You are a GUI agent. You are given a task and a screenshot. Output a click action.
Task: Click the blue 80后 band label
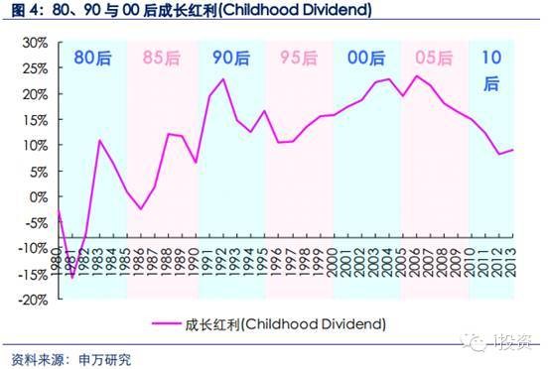[x=91, y=58]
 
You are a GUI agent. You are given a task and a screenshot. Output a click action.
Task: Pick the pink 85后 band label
[x=160, y=58]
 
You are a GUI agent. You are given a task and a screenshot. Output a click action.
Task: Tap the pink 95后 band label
[x=298, y=58]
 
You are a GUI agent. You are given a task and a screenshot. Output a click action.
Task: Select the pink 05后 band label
[x=433, y=58]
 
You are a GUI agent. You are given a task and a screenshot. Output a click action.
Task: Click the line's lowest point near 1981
[x=72, y=277]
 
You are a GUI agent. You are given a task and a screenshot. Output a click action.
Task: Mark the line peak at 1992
[x=222, y=79]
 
